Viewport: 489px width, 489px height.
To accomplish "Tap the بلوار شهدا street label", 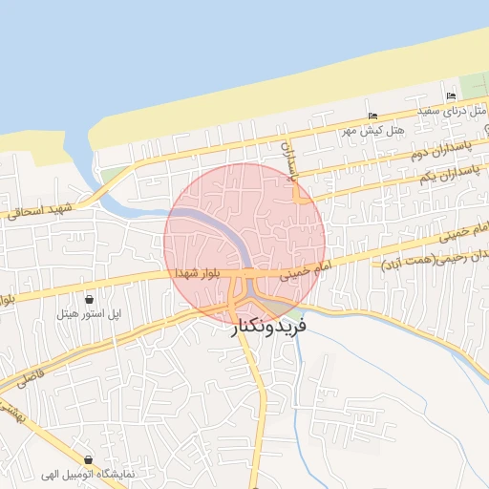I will click(x=199, y=273).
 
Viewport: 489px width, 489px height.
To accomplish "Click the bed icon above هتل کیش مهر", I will click(x=372, y=117).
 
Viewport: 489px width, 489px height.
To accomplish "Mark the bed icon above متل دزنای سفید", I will click(x=451, y=97).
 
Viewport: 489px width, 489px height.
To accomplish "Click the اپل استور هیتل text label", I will click(x=89, y=312).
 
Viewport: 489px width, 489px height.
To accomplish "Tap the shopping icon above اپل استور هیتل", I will click(x=89, y=299).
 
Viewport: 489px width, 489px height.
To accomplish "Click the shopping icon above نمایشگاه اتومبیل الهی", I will click(x=89, y=459).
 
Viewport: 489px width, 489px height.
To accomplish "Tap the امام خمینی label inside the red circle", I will click(x=304, y=271).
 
